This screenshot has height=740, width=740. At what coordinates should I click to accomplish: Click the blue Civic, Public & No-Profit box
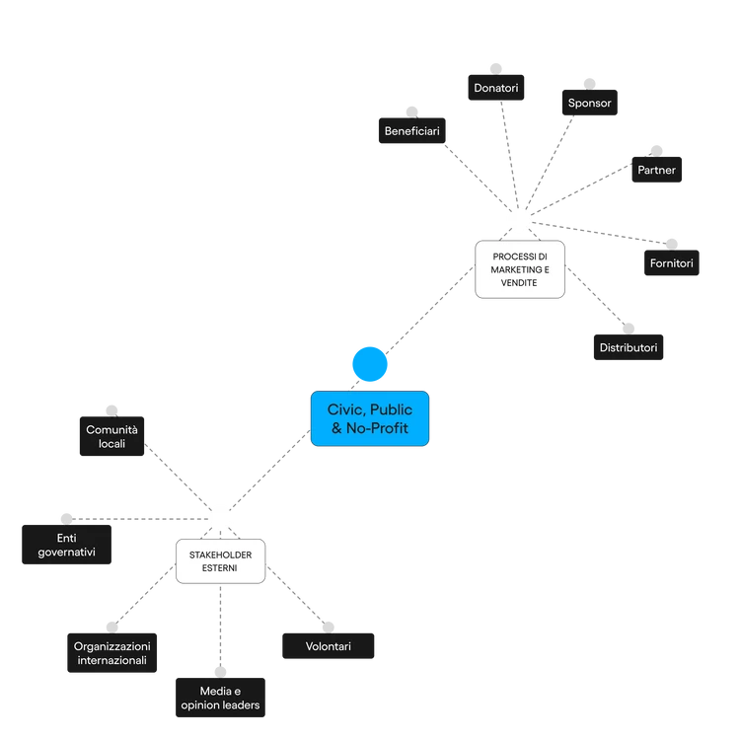[371, 418]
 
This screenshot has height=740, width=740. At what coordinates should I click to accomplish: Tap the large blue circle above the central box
[370, 364]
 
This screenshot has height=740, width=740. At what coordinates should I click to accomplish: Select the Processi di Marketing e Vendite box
[520, 268]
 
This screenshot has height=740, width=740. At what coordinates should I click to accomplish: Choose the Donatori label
[495, 88]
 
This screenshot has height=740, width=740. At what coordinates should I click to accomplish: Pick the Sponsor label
[589, 103]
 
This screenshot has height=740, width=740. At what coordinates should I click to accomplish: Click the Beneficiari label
[411, 130]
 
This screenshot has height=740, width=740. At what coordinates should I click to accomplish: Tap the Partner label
[656, 170]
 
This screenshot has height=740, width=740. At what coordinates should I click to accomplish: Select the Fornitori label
[671, 263]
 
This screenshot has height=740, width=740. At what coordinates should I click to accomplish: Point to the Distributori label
[628, 347]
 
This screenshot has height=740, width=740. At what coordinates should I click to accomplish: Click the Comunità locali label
[111, 436]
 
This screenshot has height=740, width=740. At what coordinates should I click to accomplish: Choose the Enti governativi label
[66, 545]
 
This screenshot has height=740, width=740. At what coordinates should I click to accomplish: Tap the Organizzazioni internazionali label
[111, 652]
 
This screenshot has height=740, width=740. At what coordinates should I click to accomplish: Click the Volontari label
[328, 647]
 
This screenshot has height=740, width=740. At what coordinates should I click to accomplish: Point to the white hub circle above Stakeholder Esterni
[220, 517]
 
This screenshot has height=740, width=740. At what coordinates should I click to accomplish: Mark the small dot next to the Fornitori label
[672, 239]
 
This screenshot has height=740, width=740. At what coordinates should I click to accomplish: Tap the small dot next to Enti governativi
[64, 515]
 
